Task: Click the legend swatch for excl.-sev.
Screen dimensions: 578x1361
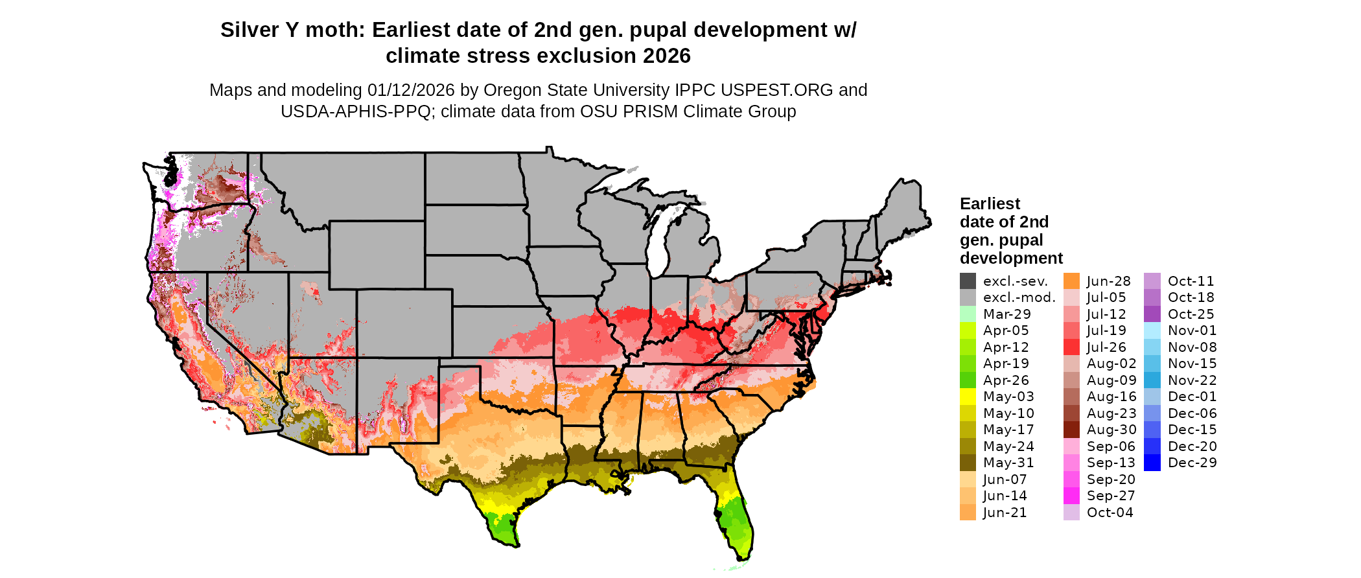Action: click(968, 281)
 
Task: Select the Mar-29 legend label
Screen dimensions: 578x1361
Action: click(1006, 314)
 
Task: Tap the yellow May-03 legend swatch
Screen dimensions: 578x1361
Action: click(968, 397)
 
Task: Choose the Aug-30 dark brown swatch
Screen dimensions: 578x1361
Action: click(1071, 430)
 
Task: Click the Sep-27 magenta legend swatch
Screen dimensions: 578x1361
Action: click(1071, 496)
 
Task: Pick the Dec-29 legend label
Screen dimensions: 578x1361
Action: click(1192, 463)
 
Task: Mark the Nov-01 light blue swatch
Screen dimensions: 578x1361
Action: click(1152, 330)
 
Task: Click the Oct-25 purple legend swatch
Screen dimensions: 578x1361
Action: click(1152, 314)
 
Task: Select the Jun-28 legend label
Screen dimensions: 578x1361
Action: click(1108, 281)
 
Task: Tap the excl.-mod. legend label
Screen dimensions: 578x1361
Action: click(1019, 297)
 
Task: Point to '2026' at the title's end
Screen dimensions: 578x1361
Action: click(667, 56)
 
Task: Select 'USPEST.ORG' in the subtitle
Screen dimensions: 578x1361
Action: click(785, 90)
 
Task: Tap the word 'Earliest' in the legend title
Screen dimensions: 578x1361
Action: click(990, 204)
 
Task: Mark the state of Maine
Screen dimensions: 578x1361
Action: click(904, 207)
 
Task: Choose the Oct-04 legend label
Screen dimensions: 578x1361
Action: click(1110, 513)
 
